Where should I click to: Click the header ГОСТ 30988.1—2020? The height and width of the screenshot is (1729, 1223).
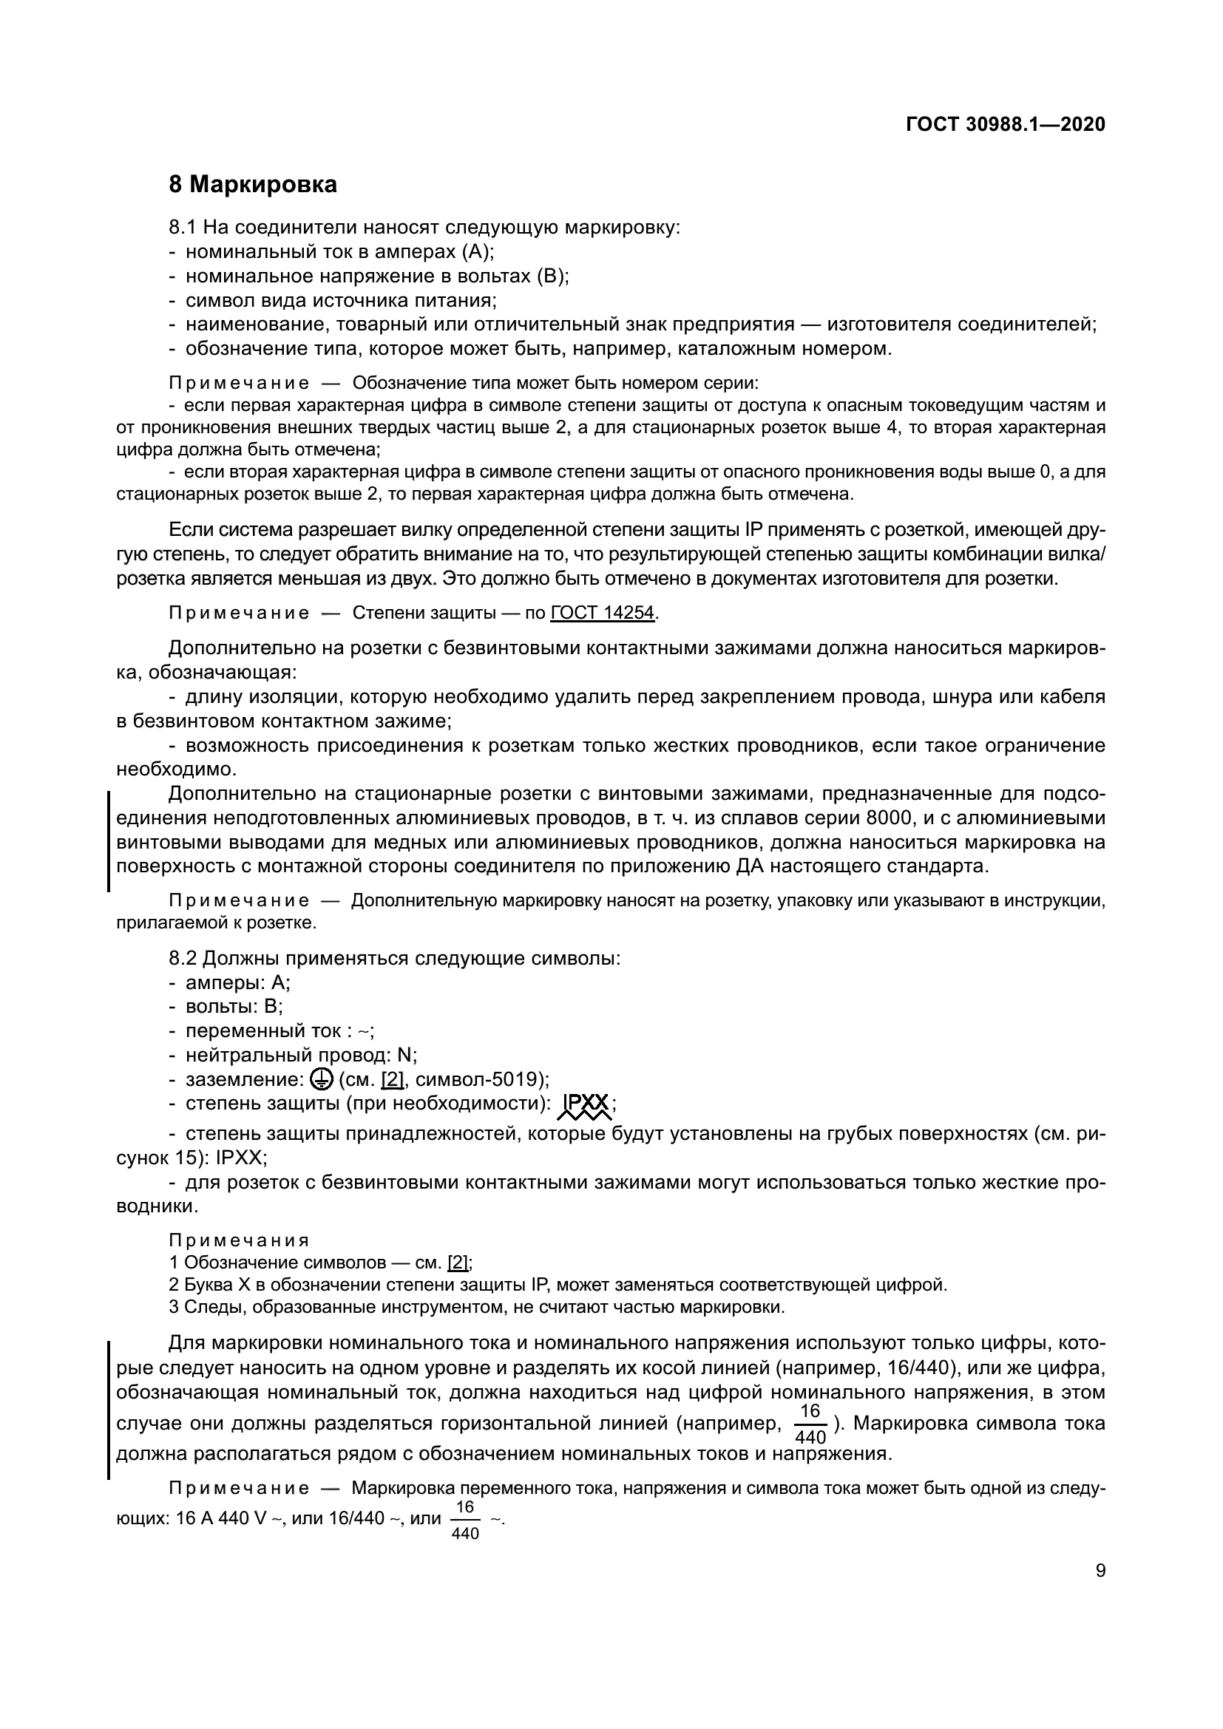(1006, 124)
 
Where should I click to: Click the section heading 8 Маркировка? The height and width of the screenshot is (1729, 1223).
(252, 185)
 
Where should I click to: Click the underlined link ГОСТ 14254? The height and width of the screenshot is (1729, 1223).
(603, 612)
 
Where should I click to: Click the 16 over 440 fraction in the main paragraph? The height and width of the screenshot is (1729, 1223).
(810, 1424)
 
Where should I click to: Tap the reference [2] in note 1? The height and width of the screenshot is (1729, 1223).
(457, 1263)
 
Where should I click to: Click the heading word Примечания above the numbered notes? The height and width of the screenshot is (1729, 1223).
(239, 1240)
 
